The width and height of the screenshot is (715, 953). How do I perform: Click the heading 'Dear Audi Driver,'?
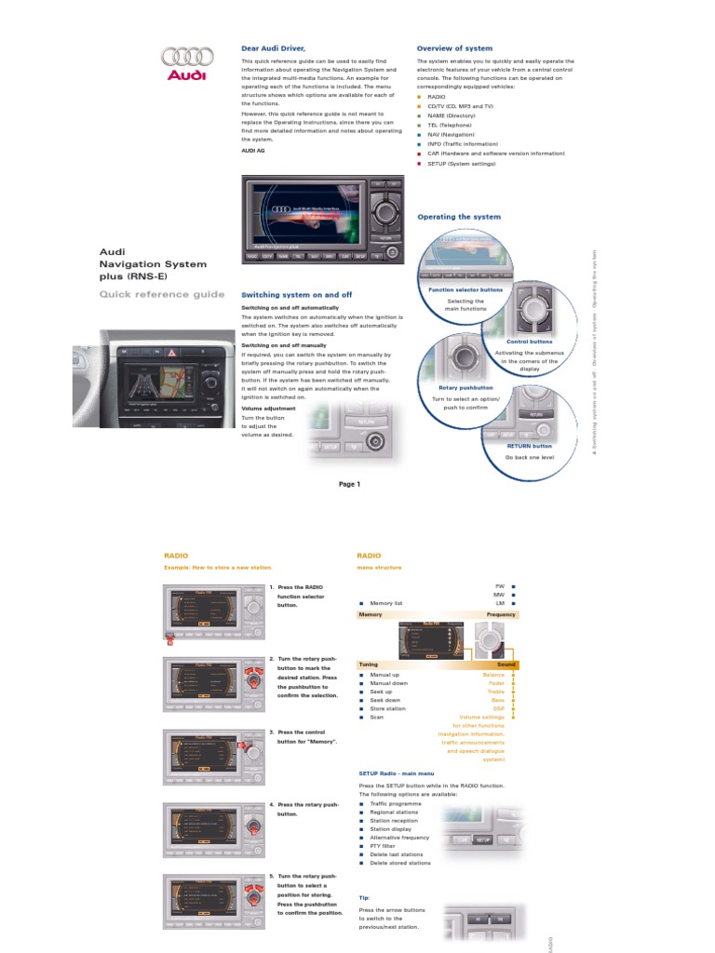[x=273, y=47]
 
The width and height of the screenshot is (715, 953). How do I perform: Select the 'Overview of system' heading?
[x=454, y=47]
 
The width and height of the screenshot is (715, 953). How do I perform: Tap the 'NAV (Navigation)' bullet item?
[x=451, y=134]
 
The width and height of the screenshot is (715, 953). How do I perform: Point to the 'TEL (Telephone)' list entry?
[x=450, y=125]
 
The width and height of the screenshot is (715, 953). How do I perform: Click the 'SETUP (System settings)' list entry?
[x=462, y=163]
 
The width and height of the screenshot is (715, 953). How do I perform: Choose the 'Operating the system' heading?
[x=458, y=217]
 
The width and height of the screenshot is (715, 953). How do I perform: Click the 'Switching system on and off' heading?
[x=296, y=294]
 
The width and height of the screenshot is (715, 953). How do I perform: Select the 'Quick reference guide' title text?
[x=162, y=294]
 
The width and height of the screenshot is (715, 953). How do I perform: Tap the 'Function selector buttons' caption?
[x=465, y=289]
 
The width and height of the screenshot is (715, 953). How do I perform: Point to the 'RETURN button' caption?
[x=529, y=446]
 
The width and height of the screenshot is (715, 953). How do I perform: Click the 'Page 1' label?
[x=349, y=484]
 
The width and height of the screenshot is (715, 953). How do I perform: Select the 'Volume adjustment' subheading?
[x=269, y=408]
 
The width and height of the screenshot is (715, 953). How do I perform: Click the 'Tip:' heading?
[x=364, y=897]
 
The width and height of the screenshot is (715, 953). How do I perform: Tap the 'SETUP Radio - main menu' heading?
[x=396, y=773]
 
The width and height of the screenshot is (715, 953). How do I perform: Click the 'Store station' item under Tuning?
[x=389, y=708]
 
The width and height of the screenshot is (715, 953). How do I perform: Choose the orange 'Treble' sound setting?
[x=496, y=691]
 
